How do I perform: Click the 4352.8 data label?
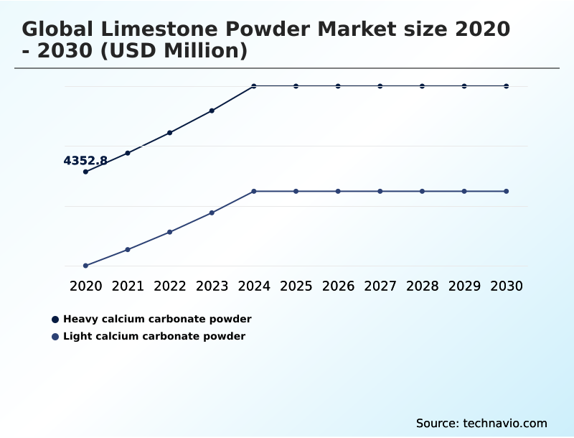click(85, 161)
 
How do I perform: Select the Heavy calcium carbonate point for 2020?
click(85, 172)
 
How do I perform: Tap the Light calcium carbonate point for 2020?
click(85, 266)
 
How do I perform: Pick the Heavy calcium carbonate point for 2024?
click(254, 86)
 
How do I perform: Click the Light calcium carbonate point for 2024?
click(254, 191)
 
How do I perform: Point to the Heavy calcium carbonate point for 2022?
click(170, 133)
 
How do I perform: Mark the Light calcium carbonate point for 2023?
click(212, 213)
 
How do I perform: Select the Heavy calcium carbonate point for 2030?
click(507, 86)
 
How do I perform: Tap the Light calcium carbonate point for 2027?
click(380, 191)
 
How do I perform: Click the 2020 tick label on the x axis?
click(85, 286)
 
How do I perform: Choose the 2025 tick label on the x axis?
click(296, 286)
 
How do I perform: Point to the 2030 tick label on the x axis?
click(507, 286)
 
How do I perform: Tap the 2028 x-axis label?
click(422, 286)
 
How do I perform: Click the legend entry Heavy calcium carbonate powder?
click(157, 319)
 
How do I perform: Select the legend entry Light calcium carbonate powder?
click(154, 336)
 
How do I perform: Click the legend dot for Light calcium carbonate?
click(55, 336)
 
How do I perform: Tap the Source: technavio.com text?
click(481, 423)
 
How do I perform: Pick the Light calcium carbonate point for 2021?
click(128, 249)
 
